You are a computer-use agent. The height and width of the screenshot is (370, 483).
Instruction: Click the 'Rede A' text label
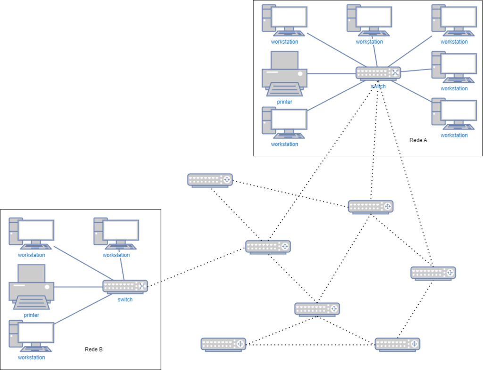418,140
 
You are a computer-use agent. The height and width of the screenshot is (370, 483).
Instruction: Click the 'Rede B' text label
93,349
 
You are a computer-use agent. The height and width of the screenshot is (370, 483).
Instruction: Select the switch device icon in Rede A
378,73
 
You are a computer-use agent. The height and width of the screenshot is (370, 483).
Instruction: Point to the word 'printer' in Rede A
284,102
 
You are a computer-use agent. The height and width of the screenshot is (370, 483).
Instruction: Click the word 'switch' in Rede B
125,299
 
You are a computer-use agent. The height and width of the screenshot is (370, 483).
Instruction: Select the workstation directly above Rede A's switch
369,20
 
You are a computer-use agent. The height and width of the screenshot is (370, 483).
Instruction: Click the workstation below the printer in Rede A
284,123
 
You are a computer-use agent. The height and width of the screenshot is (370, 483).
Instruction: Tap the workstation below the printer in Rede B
31,336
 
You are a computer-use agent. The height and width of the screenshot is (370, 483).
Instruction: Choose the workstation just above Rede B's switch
116,233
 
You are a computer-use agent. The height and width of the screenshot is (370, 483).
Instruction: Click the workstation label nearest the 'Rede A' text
454,135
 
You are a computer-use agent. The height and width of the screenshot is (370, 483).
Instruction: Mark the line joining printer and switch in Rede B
78,286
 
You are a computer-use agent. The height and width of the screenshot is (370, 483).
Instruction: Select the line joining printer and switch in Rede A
331,73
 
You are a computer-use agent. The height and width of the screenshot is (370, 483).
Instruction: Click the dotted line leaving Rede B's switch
153,284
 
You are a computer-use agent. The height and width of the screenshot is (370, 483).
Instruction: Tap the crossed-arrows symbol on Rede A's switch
395,72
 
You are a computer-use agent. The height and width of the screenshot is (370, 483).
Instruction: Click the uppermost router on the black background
210,180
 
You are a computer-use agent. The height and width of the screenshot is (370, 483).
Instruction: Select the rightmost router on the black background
433,273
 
